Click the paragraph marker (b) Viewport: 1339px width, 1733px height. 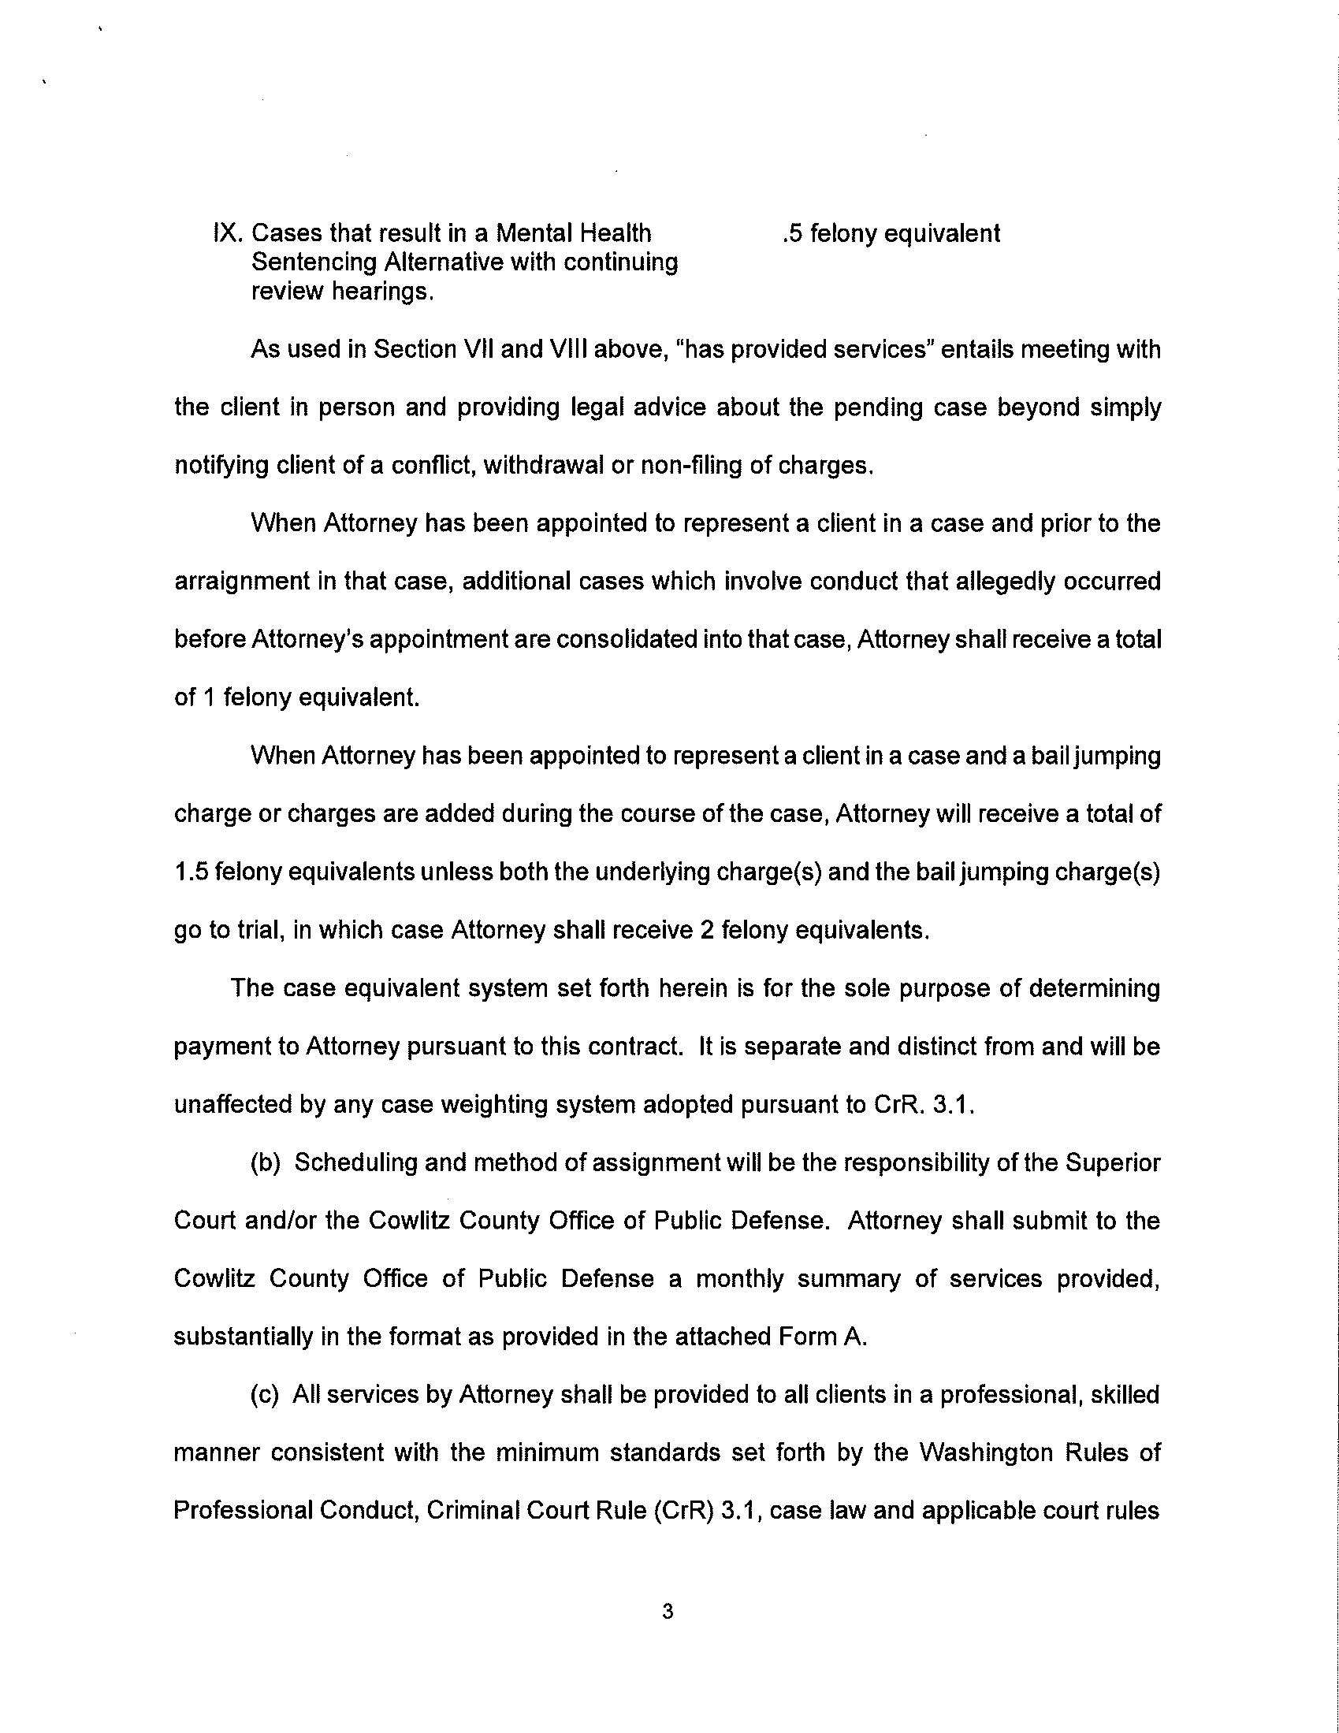click(266, 1163)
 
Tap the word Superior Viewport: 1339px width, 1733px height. click(1113, 1163)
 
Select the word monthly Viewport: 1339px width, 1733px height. click(740, 1279)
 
